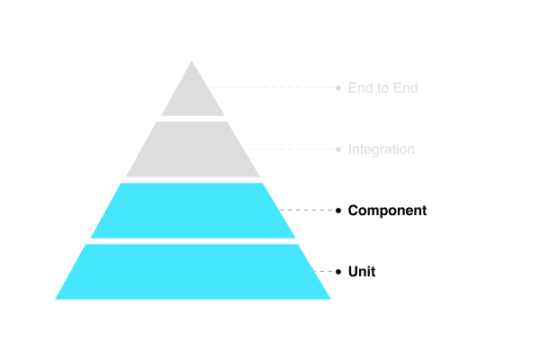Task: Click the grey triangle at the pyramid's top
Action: [x=193, y=95]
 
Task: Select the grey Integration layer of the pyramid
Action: [x=193, y=149]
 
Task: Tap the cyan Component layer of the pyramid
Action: [x=193, y=211]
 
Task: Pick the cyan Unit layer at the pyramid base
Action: [x=193, y=272]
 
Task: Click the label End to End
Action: [x=382, y=88]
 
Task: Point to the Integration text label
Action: [x=381, y=149]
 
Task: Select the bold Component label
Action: [x=387, y=211]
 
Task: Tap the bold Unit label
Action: [x=361, y=272]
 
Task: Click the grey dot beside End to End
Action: [x=338, y=88]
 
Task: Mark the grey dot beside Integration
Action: [x=338, y=149]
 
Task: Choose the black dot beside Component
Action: [x=338, y=211]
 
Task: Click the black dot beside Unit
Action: [x=338, y=272]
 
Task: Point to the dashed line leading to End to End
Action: [x=274, y=88]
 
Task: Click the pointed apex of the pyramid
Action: [x=193, y=63]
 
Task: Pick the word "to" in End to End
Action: [x=382, y=88]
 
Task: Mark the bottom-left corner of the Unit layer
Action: [x=58, y=298]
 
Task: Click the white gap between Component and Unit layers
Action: [x=193, y=241]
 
